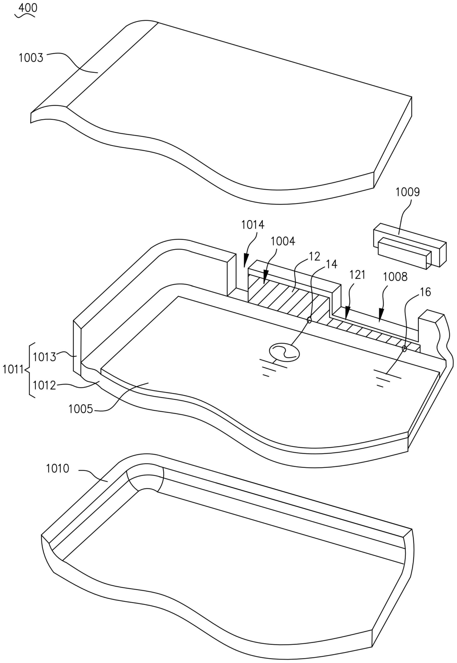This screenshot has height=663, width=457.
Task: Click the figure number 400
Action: pos(28,8)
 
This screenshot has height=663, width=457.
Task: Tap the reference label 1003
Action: pos(31,58)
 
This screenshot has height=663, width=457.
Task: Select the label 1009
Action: pos(407,192)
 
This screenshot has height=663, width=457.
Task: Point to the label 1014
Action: pos(253,225)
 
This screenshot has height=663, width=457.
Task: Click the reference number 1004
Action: pos(283,241)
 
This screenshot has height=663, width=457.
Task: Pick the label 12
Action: pos(314,256)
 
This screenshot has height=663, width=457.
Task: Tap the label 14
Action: pos(332,264)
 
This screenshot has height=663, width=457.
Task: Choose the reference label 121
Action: pos(358,275)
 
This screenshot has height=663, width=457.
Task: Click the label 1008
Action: pos(395,277)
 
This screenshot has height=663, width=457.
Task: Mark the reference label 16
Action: pos(425,292)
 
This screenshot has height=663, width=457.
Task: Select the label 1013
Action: pos(44,357)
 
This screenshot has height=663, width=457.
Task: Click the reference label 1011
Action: pos(13,369)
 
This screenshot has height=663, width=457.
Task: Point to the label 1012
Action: pos(44,385)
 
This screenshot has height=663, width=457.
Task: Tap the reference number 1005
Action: pos(81,409)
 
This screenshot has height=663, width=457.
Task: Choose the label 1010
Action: pos(58,469)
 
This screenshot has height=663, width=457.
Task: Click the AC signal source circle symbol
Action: pos(284,352)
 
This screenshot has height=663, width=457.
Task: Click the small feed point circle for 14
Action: pos(309,320)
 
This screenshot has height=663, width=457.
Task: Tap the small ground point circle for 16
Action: pos(404,348)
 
